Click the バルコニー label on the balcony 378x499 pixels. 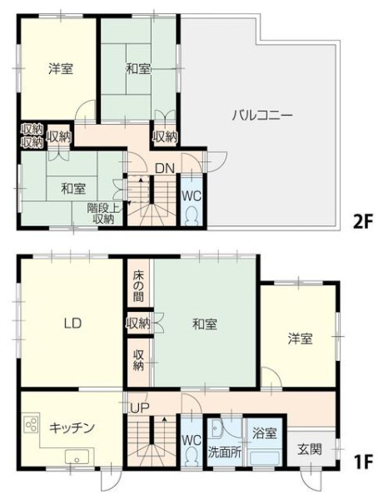(261, 116)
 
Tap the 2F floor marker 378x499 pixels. (362, 222)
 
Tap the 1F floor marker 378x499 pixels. (363, 462)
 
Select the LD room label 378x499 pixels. (72, 324)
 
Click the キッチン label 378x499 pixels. (72, 427)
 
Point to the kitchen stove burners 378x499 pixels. (32, 424)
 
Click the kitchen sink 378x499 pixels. (77, 457)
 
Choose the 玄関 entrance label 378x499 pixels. (310, 449)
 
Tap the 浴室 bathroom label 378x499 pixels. (264, 433)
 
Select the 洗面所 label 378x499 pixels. (225, 452)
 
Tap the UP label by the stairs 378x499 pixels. (138, 408)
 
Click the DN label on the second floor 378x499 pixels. (165, 169)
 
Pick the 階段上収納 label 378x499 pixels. (103, 214)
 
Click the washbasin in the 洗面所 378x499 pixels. (216, 427)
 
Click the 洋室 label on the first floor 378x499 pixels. (300, 338)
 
